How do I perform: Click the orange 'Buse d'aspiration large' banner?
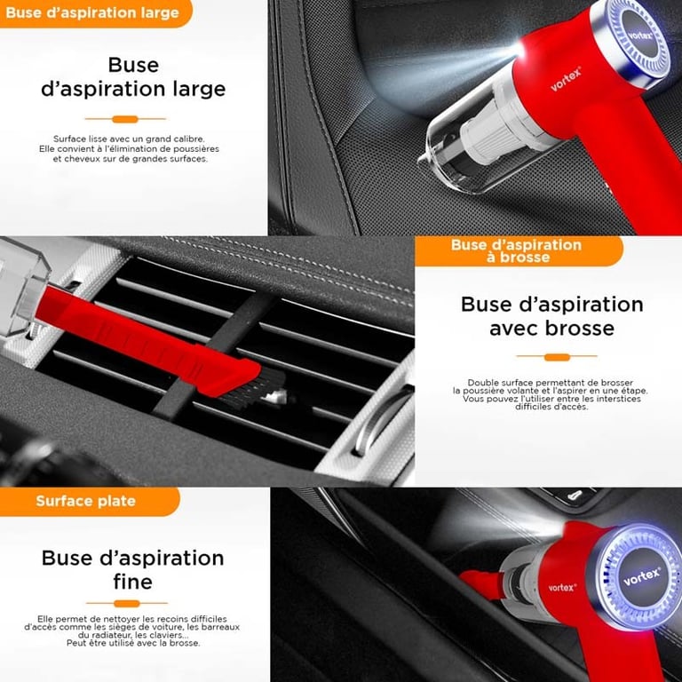(x=96, y=13)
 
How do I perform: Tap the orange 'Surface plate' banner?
(x=89, y=502)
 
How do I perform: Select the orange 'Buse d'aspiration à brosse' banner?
(x=519, y=251)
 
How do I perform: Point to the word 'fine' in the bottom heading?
(x=132, y=582)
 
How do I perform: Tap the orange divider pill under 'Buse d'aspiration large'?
(x=125, y=119)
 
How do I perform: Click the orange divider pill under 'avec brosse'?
(x=557, y=357)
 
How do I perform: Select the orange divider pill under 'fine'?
(x=127, y=603)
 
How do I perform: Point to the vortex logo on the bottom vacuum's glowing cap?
(x=641, y=576)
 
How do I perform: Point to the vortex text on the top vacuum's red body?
(x=566, y=79)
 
